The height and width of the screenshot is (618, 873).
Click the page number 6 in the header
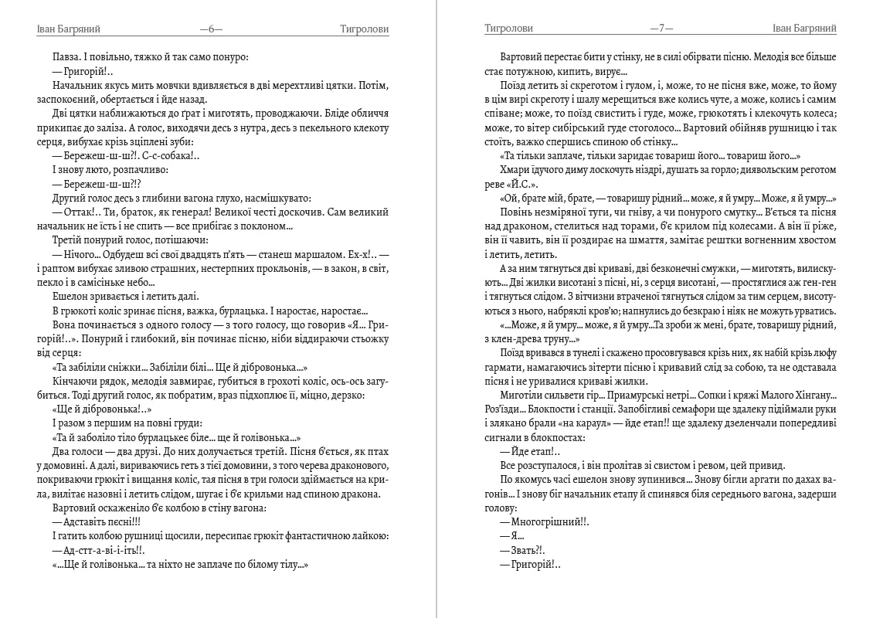click(211, 29)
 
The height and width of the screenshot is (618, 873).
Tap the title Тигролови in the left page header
click(364, 29)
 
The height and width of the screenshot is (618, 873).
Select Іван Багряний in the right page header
click(804, 29)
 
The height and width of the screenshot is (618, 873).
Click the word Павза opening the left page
click(66, 56)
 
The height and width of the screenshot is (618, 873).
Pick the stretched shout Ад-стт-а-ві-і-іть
click(104, 550)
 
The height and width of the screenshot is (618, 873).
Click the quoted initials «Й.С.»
click(522, 184)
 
